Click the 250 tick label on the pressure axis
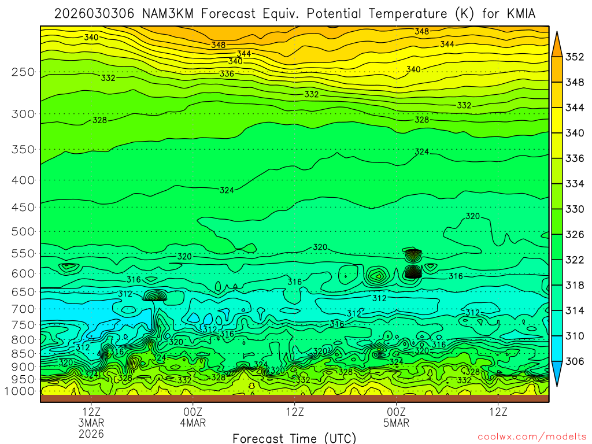[x=23, y=72]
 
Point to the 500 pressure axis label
[x=23, y=231]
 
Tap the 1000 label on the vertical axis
[x=20, y=391]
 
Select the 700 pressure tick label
[x=23, y=309]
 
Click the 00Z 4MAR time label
[x=193, y=417]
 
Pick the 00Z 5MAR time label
[x=396, y=417]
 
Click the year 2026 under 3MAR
[x=91, y=433]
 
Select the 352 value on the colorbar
[x=575, y=57]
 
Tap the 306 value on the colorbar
[x=575, y=361]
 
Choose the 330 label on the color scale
[x=575, y=209]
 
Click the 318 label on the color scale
[x=575, y=285]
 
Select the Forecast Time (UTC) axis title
[x=294, y=438]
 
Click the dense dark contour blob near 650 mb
[x=155, y=296]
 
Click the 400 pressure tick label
[x=23, y=180]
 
